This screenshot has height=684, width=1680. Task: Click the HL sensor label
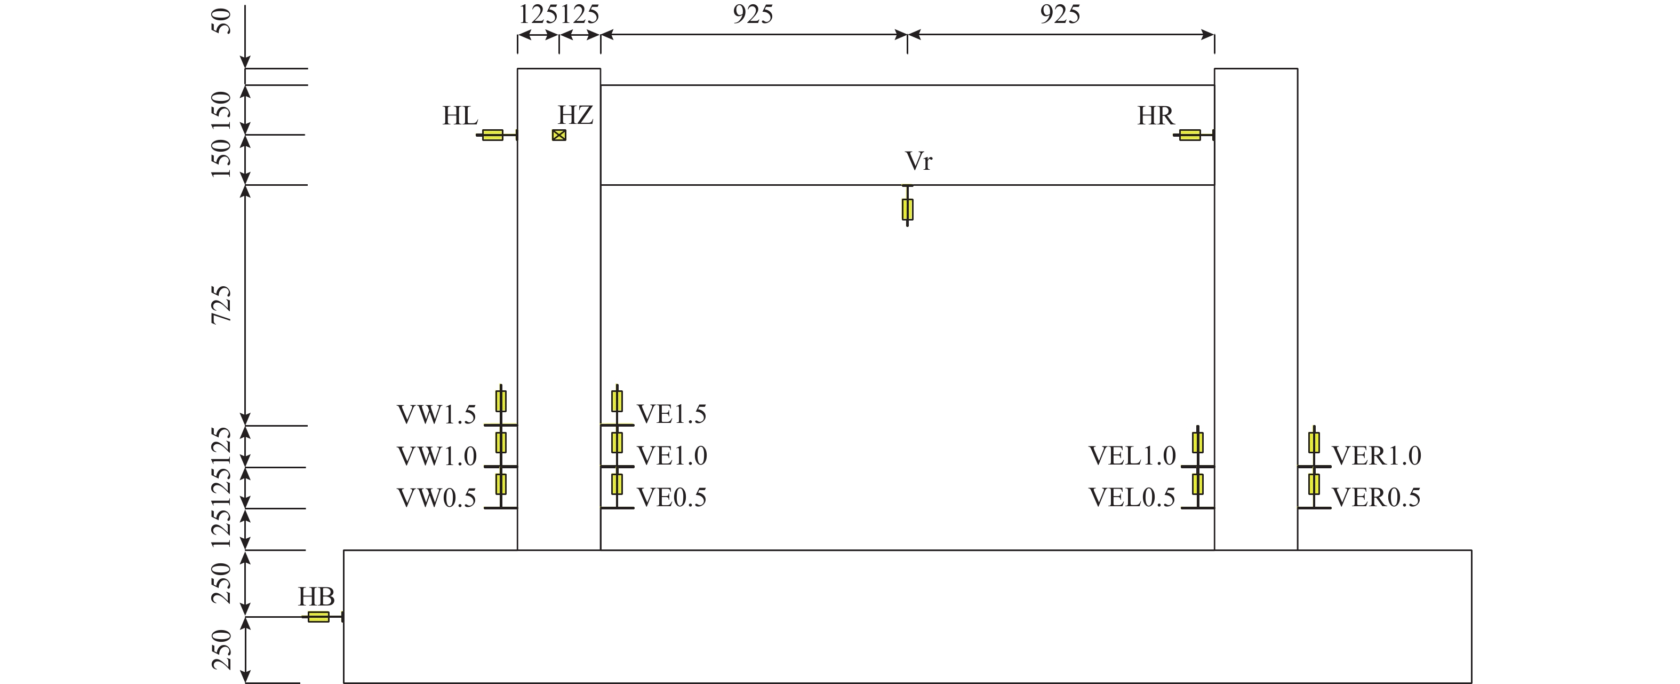click(x=460, y=116)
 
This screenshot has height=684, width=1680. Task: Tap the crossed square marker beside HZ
click(x=559, y=135)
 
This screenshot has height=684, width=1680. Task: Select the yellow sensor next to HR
click(x=1189, y=135)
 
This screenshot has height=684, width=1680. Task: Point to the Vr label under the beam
click(x=918, y=161)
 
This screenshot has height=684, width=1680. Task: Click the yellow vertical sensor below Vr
click(x=907, y=209)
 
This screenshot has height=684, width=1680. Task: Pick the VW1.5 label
click(x=436, y=414)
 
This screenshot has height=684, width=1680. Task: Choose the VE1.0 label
click(x=672, y=455)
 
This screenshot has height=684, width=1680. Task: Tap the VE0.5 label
click(x=672, y=497)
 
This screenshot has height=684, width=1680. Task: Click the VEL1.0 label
click(x=1132, y=455)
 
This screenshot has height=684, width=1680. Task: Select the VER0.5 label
click(x=1376, y=497)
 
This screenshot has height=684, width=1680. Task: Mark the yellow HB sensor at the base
click(x=318, y=617)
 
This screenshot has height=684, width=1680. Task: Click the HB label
click(x=316, y=596)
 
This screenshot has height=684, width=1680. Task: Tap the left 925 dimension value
click(x=753, y=14)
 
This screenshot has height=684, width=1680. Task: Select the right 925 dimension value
click(x=1060, y=14)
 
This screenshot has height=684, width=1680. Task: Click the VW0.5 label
click(x=436, y=497)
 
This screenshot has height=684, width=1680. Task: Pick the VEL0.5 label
click(x=1132, y=497)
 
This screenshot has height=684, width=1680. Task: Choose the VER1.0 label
click(x=1376, y=455)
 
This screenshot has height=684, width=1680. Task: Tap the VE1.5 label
click(x=672, y=414)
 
